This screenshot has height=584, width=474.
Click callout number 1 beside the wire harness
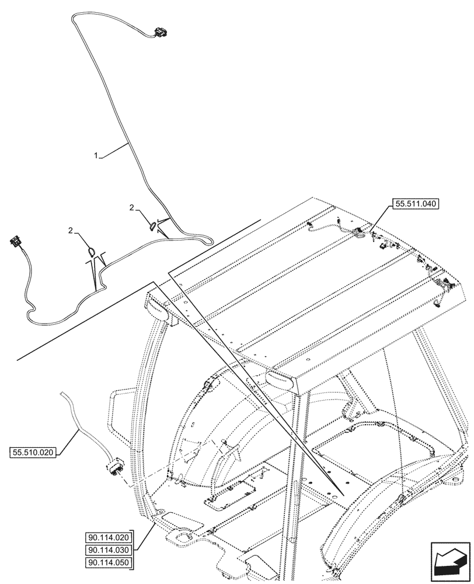(x=97, y=155)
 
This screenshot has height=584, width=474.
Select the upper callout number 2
(x=133, y=207)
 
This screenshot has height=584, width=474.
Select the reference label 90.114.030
(x=109, y=550)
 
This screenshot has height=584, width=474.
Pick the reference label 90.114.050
(x=109, y=562)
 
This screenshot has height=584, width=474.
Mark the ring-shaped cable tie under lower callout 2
(x=92, y=252)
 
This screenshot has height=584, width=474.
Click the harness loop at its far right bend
(x=211, y=238)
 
